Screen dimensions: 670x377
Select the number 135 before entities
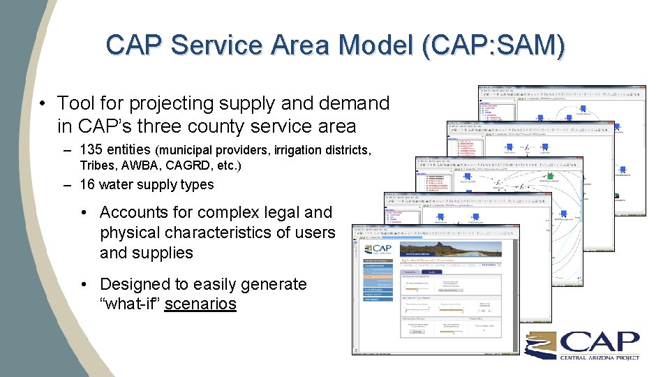(92, 149)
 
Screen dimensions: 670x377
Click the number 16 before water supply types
(87, 184)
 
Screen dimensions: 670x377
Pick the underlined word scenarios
(200, 304)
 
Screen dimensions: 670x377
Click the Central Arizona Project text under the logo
(599, 357)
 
